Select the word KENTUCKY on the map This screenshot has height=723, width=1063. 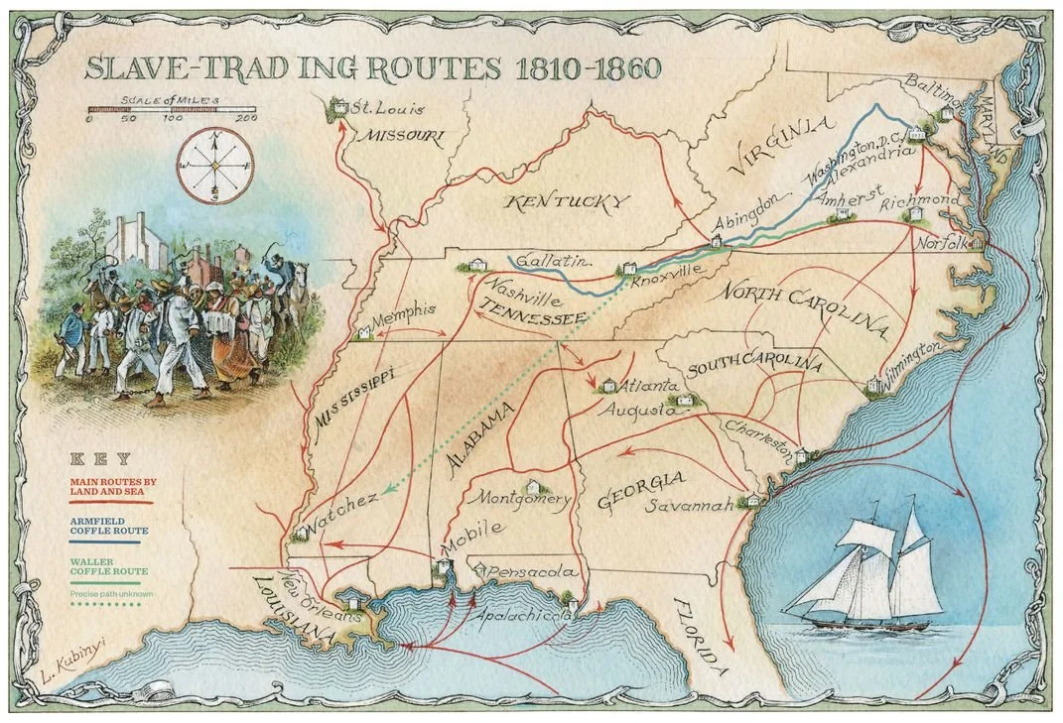[567, 202]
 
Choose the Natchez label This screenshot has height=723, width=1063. [341, 504]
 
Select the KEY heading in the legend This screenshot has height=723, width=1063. [96, 458]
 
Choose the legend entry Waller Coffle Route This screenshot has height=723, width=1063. [108, 566]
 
